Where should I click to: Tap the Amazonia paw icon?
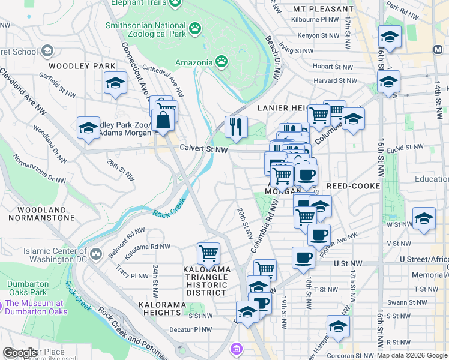(221, 61)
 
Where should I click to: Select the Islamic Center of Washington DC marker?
(95, 255)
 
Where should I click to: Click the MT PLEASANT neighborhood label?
(323, 9)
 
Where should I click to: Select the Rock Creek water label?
(170, 213)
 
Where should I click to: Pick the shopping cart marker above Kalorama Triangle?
(208, 253)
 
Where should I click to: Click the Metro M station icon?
(437, 49)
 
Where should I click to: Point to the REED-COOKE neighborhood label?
(352, 186)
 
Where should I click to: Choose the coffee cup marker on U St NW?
(303, 257)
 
